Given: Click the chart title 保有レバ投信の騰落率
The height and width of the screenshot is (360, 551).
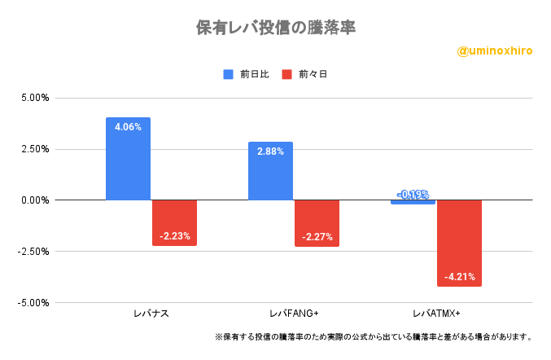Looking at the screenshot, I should (276, 27).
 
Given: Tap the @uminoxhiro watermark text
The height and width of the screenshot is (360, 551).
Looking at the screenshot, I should (495, 50).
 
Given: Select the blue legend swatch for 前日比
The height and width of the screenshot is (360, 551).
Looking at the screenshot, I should (229, 74).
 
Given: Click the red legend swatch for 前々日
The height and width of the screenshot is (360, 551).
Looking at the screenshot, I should (286, 74).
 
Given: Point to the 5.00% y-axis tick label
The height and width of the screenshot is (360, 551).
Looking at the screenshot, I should (35, 98).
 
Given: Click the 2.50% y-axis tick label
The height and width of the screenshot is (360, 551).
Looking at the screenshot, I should (35, 149).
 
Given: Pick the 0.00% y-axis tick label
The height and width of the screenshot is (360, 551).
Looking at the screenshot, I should (35, 200).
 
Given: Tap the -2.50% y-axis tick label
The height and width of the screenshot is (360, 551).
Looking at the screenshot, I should (33, 252).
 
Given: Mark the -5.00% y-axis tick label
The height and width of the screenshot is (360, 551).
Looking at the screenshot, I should (33, 303).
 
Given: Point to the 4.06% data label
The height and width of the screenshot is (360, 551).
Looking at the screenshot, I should (128, 127).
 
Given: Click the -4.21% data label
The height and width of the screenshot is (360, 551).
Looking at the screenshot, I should (459, 277).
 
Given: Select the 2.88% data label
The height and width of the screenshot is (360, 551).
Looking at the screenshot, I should (270, 151).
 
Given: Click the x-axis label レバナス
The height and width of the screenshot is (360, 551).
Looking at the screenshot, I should (151, 314).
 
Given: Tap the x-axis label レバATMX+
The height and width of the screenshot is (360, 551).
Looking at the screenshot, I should (436, 314).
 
